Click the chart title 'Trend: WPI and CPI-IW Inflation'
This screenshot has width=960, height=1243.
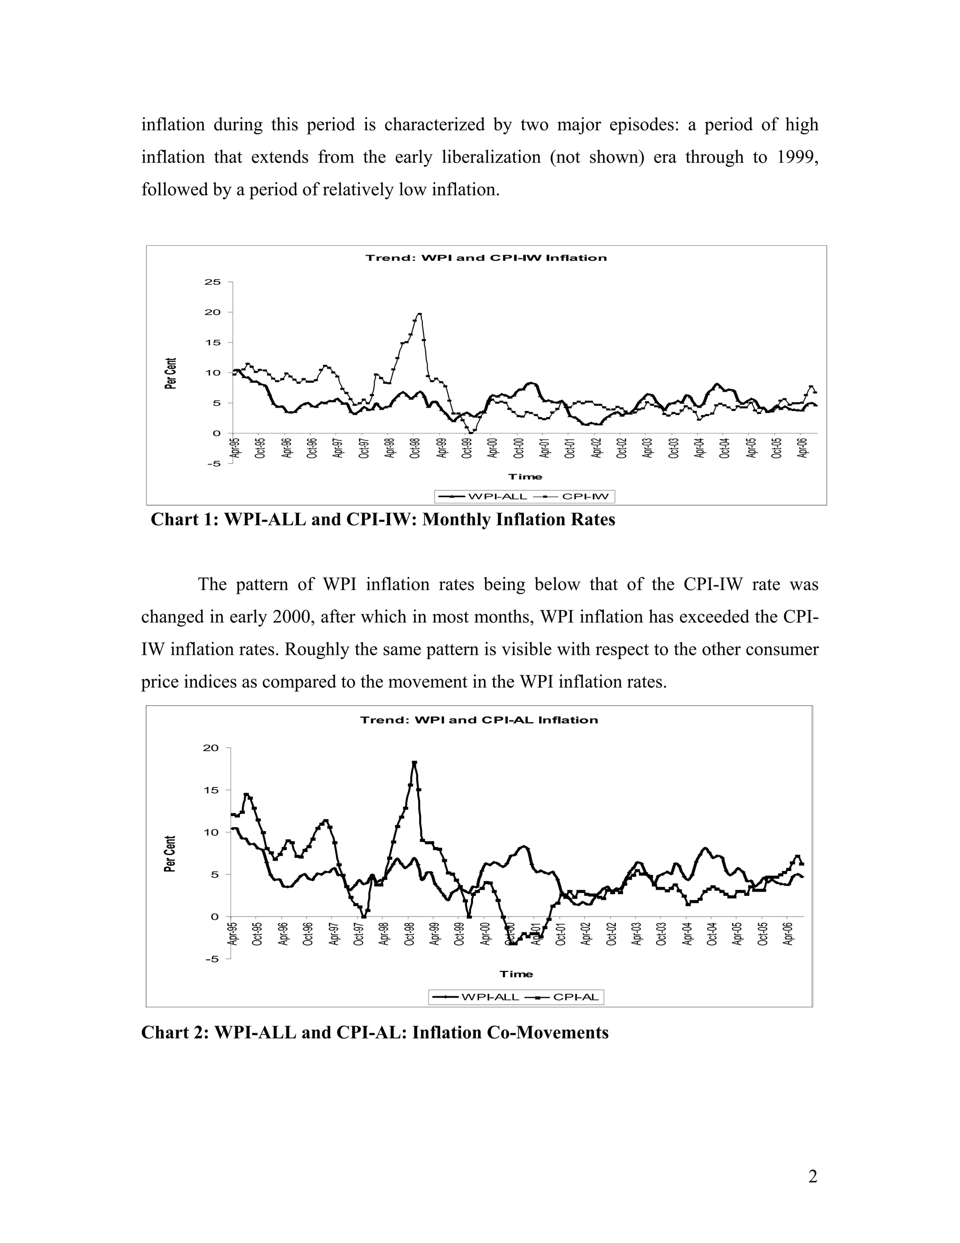point(486,258)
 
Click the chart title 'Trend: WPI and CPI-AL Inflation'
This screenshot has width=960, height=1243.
point(479,720)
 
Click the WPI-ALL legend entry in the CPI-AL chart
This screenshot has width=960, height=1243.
point(478,997)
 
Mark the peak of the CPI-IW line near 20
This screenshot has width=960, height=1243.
point(419,314)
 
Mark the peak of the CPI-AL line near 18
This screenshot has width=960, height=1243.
point(414,763)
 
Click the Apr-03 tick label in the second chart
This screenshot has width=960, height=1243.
point(637,933)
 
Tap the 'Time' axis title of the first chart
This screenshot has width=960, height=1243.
point(525,477)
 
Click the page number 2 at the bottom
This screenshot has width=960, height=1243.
point(812,1176)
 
